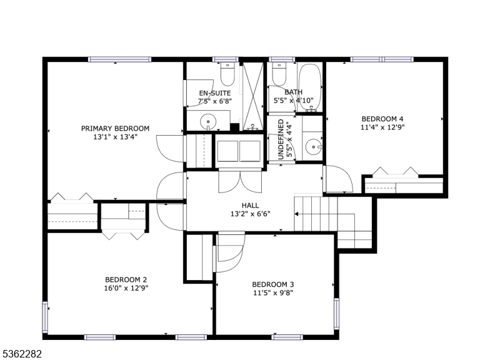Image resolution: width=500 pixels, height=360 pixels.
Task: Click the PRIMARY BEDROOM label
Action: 115,129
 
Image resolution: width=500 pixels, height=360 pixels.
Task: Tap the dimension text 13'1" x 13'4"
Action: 115,137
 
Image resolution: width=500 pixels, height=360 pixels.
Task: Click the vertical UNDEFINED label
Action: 281,140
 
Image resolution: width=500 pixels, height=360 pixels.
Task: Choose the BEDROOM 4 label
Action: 382,119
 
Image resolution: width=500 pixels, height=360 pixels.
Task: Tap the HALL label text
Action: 251,205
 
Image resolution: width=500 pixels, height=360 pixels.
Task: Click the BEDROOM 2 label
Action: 126,279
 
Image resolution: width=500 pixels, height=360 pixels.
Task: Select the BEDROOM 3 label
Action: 274,284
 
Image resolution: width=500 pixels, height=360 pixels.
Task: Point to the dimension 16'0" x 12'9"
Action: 126,288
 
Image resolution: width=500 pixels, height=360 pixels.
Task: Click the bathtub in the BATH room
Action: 309,87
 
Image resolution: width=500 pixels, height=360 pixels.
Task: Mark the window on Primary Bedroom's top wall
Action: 119,59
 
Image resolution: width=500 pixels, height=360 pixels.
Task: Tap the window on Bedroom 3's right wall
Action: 336,313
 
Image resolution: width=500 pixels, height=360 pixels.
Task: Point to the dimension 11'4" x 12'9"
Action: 382,127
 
